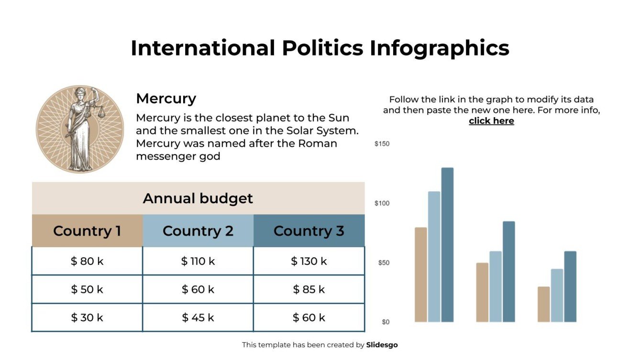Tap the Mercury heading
[166, 98]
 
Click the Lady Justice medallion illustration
[80, 129]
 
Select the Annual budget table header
[198, 198]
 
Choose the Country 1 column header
[87, 231]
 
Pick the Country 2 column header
[198, 231]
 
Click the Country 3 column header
[309, 231]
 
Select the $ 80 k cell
[87, 261]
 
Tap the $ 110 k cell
[198, 261]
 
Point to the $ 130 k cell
[309, 261]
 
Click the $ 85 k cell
[309, 289]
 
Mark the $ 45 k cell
[198, 317]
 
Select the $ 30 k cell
[87, 317]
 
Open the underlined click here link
[491, 121]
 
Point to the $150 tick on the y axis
[382, 144]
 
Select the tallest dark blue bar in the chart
[447, 245]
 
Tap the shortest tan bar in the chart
[543, 304]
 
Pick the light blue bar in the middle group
[496, 286]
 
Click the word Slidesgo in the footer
[382, 345]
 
